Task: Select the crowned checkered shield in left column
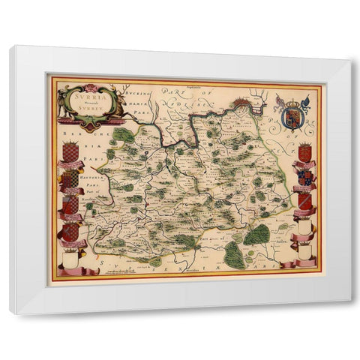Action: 70,152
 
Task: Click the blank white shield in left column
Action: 70,259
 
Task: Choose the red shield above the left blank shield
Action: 70,232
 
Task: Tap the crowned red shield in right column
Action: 304,152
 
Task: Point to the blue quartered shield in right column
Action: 304,177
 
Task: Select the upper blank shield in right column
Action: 304,226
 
